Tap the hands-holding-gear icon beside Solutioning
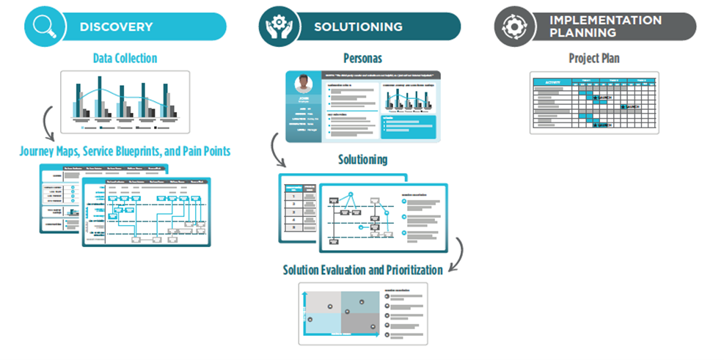[277, 26]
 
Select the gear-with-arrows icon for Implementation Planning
[511, 26]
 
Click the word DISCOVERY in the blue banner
[116, 27]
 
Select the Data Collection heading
[125, 58]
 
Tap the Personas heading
[362, 57]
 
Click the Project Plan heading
[594, 58]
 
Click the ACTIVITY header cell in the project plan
[549, 83]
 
